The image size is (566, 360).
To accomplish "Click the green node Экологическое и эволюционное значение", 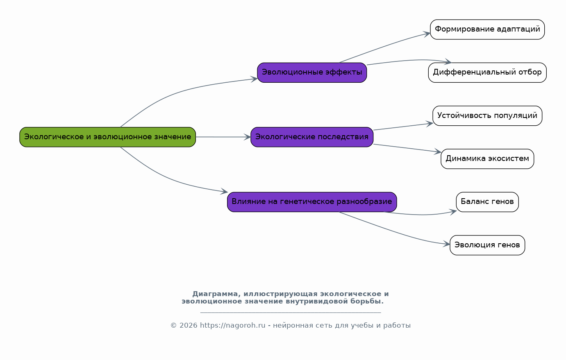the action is point(108,137).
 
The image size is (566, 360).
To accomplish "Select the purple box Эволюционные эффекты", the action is point(312,73).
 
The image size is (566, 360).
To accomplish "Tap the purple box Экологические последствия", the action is point(312,137).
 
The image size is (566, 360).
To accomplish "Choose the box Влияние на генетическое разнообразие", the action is point(312,202).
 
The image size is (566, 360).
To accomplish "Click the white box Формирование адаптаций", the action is point(487,29).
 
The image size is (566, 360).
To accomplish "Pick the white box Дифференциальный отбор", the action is point(487,73).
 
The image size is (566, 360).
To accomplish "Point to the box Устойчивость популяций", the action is point(487,116).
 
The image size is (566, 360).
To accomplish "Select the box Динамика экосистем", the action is point(487,159).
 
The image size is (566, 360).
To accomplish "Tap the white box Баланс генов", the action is point(487,202).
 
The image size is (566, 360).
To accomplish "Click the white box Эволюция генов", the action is point(487,245).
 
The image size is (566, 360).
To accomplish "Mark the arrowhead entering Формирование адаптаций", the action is point(427,34).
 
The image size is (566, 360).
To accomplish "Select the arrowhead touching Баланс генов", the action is point(453,212).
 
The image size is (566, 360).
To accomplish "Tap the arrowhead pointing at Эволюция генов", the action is point(446,244).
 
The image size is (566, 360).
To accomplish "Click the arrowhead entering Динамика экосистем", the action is point(438,152).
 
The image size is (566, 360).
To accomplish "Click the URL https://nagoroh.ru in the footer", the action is point(233,326).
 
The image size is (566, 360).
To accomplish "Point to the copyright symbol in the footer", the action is point(173,326).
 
